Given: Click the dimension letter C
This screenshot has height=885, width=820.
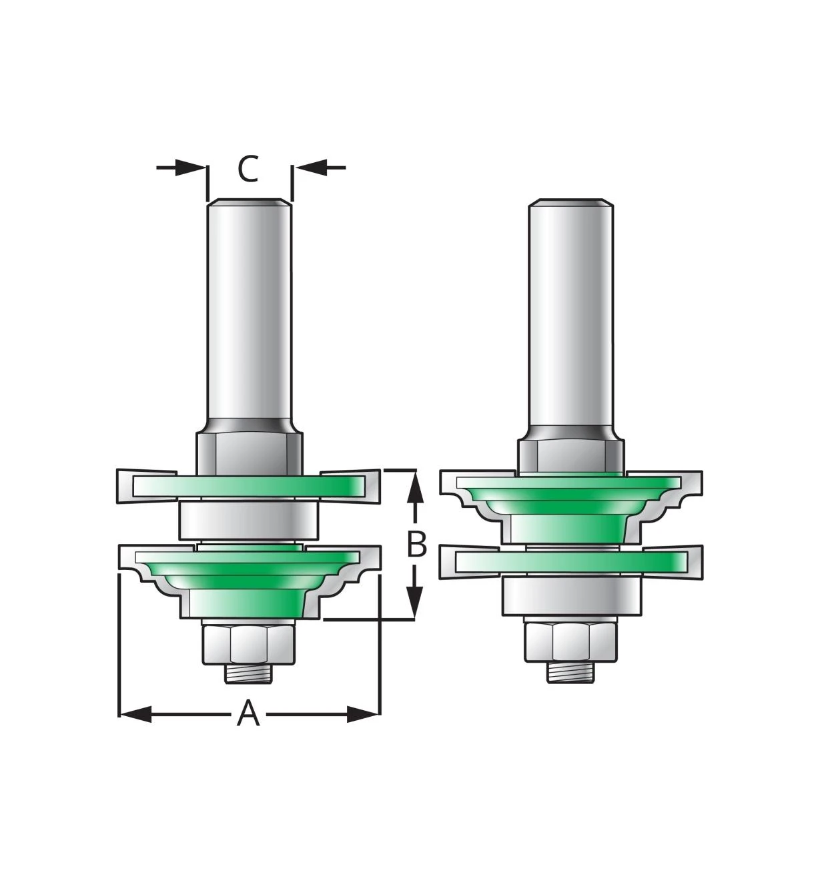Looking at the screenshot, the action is (248, 168).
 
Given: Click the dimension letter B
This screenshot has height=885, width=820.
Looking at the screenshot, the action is (417, 544).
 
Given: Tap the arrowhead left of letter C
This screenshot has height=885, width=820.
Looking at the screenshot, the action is (190, 168).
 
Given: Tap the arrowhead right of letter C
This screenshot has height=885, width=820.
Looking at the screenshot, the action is (311, 168).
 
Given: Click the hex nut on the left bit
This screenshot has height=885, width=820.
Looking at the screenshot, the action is (249, 645).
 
